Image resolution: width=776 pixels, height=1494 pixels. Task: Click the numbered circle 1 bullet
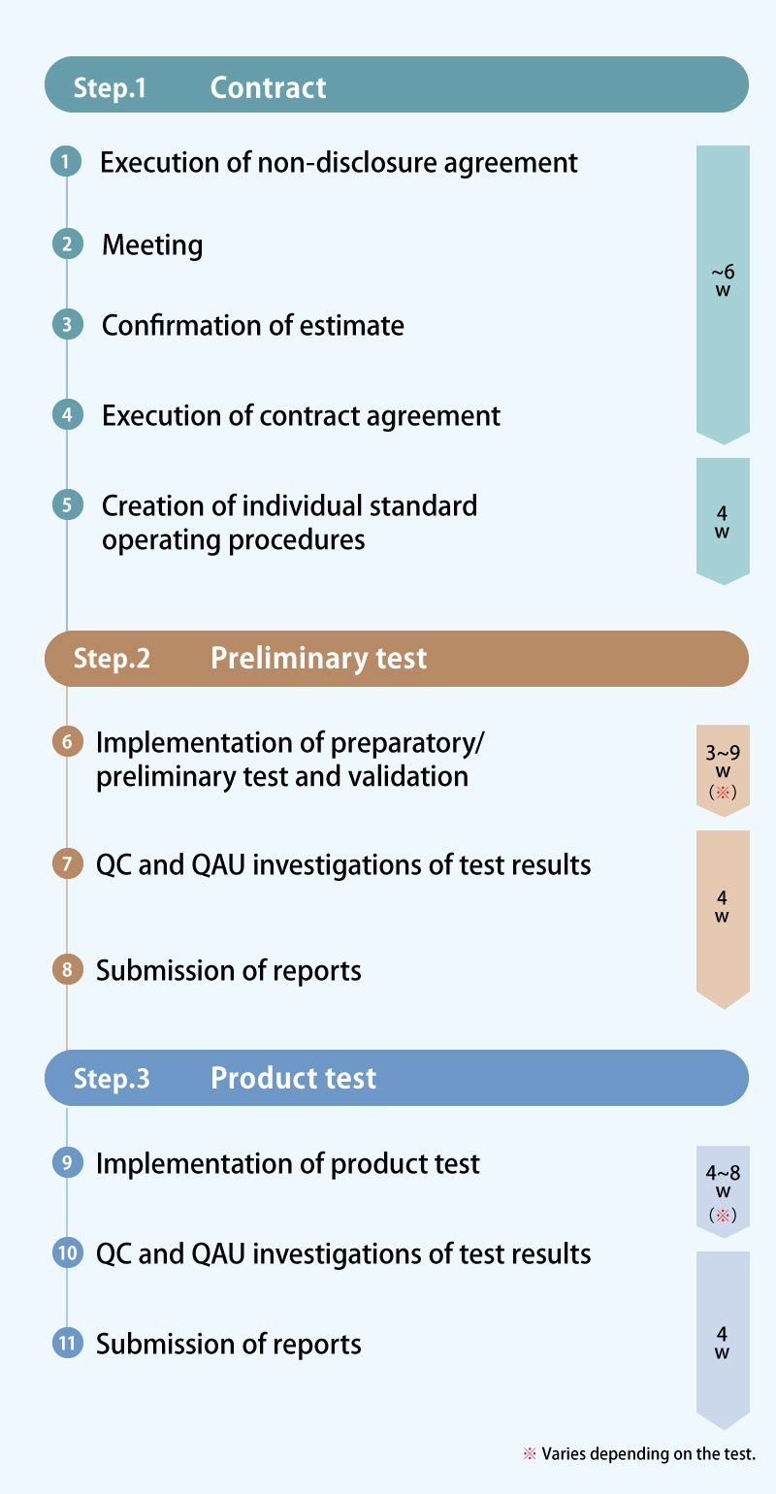pyautogui.click(x=66, y=161)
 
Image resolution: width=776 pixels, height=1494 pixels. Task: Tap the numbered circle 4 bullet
pyautogui.click(x=67, y=415)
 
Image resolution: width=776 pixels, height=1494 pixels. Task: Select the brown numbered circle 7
pyautogui.click(x=67, y=863)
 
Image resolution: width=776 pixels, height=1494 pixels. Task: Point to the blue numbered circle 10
pyautogui.click(x=67, y=1252)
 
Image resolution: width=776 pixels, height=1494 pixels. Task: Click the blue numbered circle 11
pyautogui.click(x=67, y=1343)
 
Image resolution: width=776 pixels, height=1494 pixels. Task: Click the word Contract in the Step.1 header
pyautogui.click(x=268, y=87)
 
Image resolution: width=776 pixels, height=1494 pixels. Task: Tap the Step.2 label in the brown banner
pyautogui.click(x=112, y=659)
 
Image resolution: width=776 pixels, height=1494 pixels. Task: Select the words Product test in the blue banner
pyautogui.click(x=293, y=1078)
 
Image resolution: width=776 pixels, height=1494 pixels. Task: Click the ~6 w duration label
pyautogui.click(x=723, y=280)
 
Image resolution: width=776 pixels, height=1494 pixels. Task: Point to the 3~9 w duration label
pyautogui.click(x=723, y=771)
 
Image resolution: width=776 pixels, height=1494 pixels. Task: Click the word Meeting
pyautogui.click(x=152, y=245)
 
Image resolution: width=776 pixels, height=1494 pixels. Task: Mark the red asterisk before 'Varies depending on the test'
pyautogui.click(x=530, y=1453)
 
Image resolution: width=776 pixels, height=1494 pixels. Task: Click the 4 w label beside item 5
pyautogui.click(x=722, y=522)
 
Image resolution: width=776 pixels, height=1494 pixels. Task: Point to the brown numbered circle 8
pyautogui.click(x=67, y=969)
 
